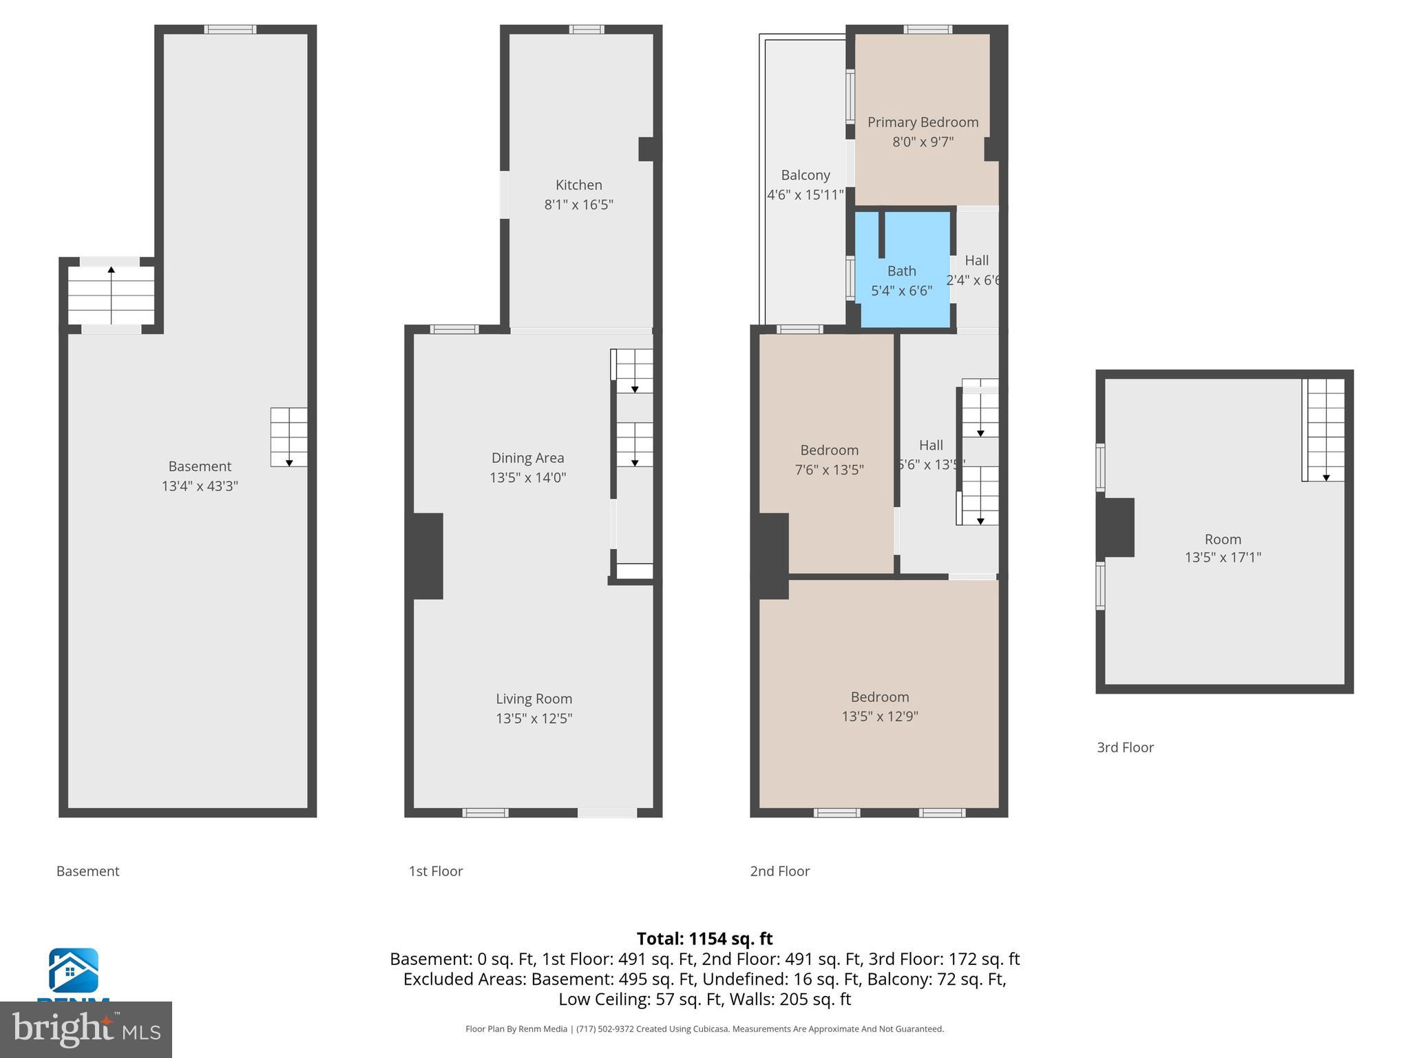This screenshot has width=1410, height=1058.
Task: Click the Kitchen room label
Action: point(578,185)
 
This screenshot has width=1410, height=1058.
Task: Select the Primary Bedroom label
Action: point(923,122)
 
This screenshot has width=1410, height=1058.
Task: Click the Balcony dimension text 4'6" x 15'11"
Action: point(805,195)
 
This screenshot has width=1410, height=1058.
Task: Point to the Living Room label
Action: point(534,698)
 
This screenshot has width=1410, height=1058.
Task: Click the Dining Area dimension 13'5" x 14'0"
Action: point(527,477)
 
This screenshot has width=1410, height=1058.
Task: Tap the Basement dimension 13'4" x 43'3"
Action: point(200,486)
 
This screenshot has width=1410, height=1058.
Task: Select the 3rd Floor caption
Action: point(1125,747)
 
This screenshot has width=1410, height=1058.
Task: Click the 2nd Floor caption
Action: point(779,871)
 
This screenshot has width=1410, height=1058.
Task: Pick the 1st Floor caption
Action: point(435,871)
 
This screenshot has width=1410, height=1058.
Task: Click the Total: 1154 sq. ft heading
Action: point(704,938)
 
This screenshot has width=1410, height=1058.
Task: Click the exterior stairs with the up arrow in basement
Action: point(111,295)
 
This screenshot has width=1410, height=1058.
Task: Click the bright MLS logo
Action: point(86,1029)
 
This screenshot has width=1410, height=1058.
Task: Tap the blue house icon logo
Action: point(73,970)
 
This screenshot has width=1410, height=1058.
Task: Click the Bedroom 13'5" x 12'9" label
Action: point(879,706)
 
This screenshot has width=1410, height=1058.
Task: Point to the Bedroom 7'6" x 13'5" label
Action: point(829,459)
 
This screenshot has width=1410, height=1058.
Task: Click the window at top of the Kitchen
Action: point(586,29)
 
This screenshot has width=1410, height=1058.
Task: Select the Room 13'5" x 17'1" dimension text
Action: point(1222,557)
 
